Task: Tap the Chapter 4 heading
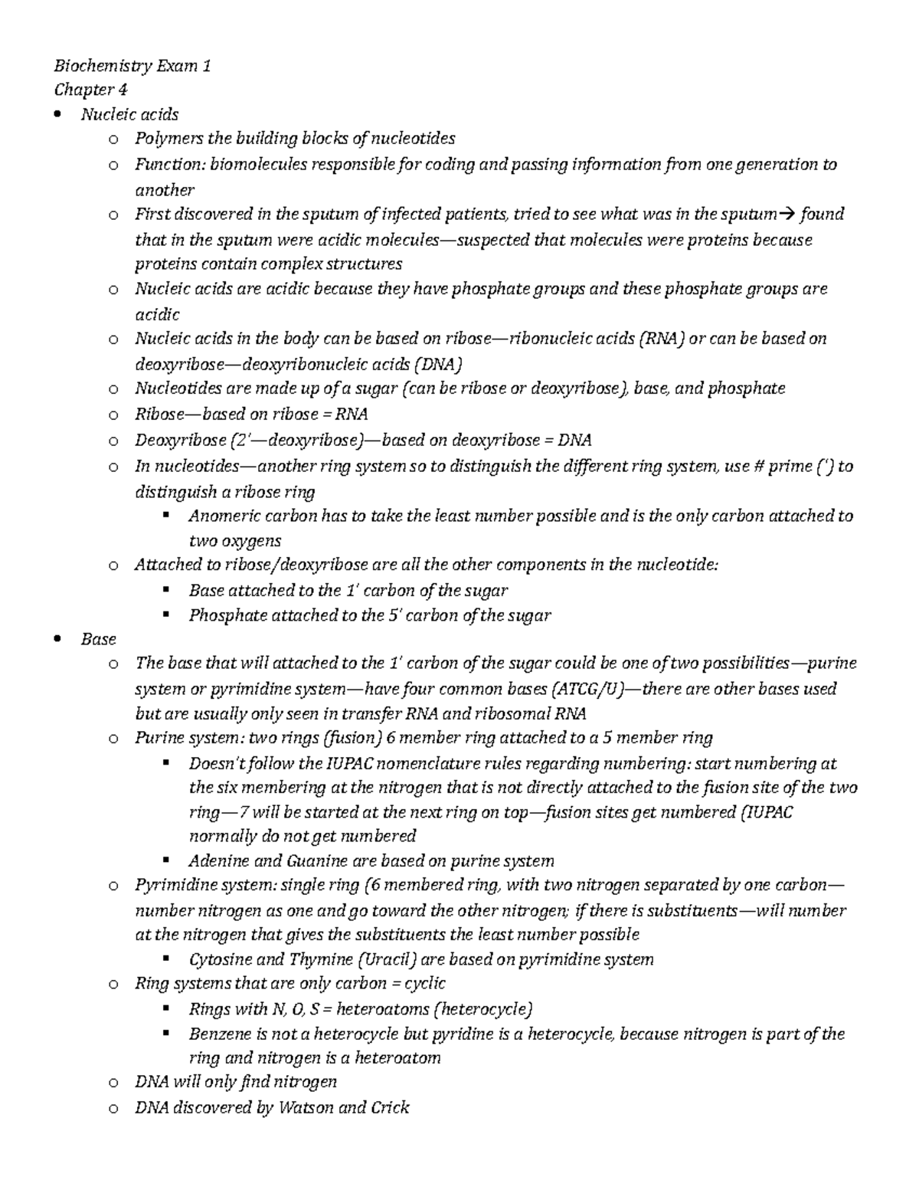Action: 90,90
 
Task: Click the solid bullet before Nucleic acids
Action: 59,115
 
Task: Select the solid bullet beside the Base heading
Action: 59,640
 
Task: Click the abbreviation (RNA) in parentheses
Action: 661,339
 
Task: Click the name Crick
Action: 390,1107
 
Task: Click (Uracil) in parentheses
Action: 388,959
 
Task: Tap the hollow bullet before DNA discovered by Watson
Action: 113,1108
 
